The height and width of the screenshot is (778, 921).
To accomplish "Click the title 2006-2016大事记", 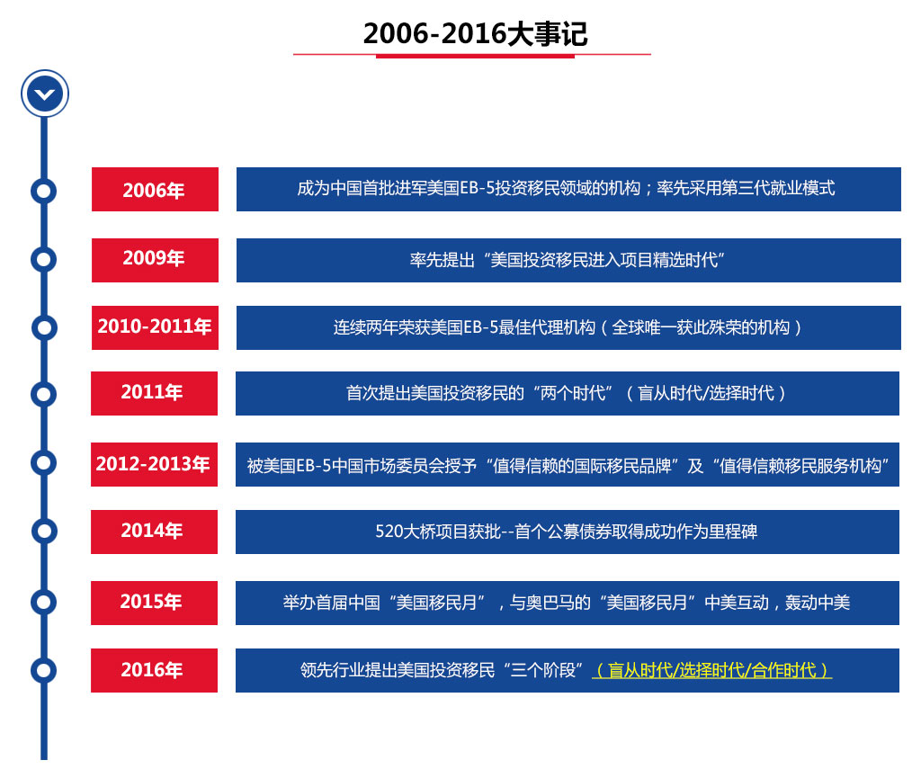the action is (x=475, y=33).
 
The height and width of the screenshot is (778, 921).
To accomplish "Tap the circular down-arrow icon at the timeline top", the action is (x=45, y=94).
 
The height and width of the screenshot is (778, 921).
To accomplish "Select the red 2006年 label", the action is (x=155, y=189).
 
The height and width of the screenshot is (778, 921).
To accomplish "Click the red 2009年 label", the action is (x=155, y=260).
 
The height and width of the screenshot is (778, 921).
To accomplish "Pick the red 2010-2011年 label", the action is (x=155, y=327).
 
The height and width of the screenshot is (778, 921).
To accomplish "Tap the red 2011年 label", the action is (x=154, y=393).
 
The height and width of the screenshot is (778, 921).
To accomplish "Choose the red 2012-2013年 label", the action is (x=154, y=464).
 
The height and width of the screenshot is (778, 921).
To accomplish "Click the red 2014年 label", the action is (x=154, y=532).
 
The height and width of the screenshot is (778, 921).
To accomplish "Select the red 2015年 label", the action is (x=154, y=603).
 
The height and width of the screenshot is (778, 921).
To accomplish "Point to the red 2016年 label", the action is (x=154, y=671).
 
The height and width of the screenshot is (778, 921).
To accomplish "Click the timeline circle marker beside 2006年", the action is (x=43, y=191).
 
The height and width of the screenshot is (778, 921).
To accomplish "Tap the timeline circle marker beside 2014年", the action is (x=44, y=531).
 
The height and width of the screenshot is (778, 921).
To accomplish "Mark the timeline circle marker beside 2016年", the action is (x=43, y=670).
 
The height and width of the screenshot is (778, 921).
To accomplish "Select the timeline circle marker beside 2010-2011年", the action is (x=44, y=327).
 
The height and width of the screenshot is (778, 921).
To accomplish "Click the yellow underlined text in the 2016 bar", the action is (x=712, y=670).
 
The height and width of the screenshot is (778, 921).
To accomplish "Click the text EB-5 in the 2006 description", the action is (x=477, y=189).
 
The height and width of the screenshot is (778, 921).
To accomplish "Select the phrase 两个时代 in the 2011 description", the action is (x=573, y=393).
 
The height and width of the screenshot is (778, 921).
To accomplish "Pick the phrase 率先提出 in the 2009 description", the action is (x=443, y=260).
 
